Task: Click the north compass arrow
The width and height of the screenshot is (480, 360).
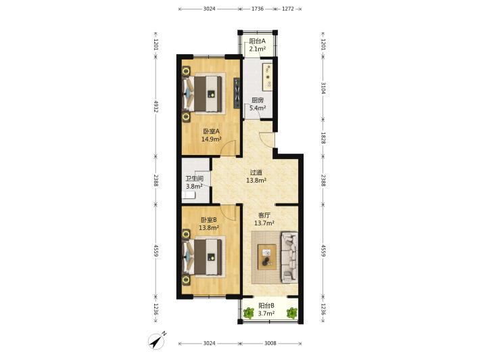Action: pos(156,340)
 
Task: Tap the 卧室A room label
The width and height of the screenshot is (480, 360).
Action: pos(211,131)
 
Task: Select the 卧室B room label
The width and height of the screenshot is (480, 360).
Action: pos(209,220)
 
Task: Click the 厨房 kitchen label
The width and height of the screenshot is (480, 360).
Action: pos(258,100)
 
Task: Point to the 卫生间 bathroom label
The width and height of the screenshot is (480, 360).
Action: pos(195,179)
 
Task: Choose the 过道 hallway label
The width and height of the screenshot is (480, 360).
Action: pos(256,173)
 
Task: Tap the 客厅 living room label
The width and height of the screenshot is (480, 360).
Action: pos(264,215)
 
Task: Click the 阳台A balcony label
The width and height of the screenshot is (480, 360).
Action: pos(257,41)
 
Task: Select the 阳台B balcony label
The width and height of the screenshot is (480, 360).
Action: pos(266,305)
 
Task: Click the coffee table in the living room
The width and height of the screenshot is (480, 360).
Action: pos(267,256)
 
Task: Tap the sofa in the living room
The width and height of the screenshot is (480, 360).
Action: pos(289,256)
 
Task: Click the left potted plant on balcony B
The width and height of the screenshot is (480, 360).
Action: pos(249,313)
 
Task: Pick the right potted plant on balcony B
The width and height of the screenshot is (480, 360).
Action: pos(292,313)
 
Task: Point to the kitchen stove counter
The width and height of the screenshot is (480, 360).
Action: pos(267,76)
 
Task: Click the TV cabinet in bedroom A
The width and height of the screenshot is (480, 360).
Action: pos(237,93)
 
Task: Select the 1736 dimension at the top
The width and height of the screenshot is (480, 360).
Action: pos(258,9)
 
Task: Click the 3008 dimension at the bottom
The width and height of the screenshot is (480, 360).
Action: pos(270,343)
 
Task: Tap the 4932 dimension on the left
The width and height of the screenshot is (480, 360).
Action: pos(155,106)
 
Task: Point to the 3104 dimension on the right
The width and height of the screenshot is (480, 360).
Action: pos(323,89)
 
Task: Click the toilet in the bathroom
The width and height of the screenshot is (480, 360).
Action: pos(189,195)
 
